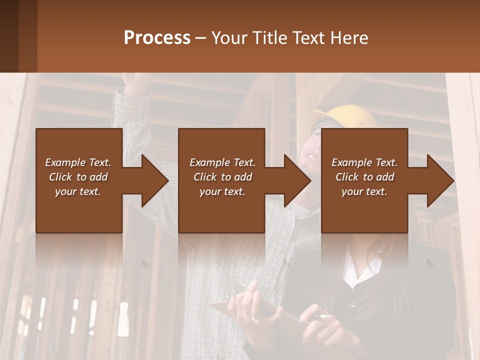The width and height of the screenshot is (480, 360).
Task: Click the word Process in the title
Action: click(157, 37)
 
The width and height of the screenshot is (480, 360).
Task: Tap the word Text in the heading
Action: click(309, 37)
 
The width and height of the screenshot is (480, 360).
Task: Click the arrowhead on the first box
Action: click(155, 180)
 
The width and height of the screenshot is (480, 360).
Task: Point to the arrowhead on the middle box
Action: click(297, 180)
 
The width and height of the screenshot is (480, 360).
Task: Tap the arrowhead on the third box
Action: click(440, 180)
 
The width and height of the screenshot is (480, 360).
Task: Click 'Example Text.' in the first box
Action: click(78, 162)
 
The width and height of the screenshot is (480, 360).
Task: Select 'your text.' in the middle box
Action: click(222, 191)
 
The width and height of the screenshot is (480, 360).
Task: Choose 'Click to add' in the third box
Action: click(364, 177)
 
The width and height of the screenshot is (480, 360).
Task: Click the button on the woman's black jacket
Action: click(353, 303)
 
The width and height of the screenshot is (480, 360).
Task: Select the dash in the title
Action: click(201, 38)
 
